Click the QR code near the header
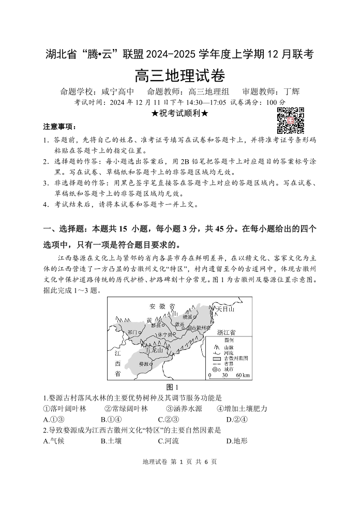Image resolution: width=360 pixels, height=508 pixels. click(290, 120)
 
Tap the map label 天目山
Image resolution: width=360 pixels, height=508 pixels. click(225, 309)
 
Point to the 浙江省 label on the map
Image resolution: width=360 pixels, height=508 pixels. click(227, 332)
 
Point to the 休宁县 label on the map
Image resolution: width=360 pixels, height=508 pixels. click(166, 334)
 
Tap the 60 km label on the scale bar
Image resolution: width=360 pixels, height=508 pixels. click(243, 375)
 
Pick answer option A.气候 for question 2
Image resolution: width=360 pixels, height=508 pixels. click(54, 441)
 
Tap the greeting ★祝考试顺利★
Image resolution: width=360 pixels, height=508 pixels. click(179, 114)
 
